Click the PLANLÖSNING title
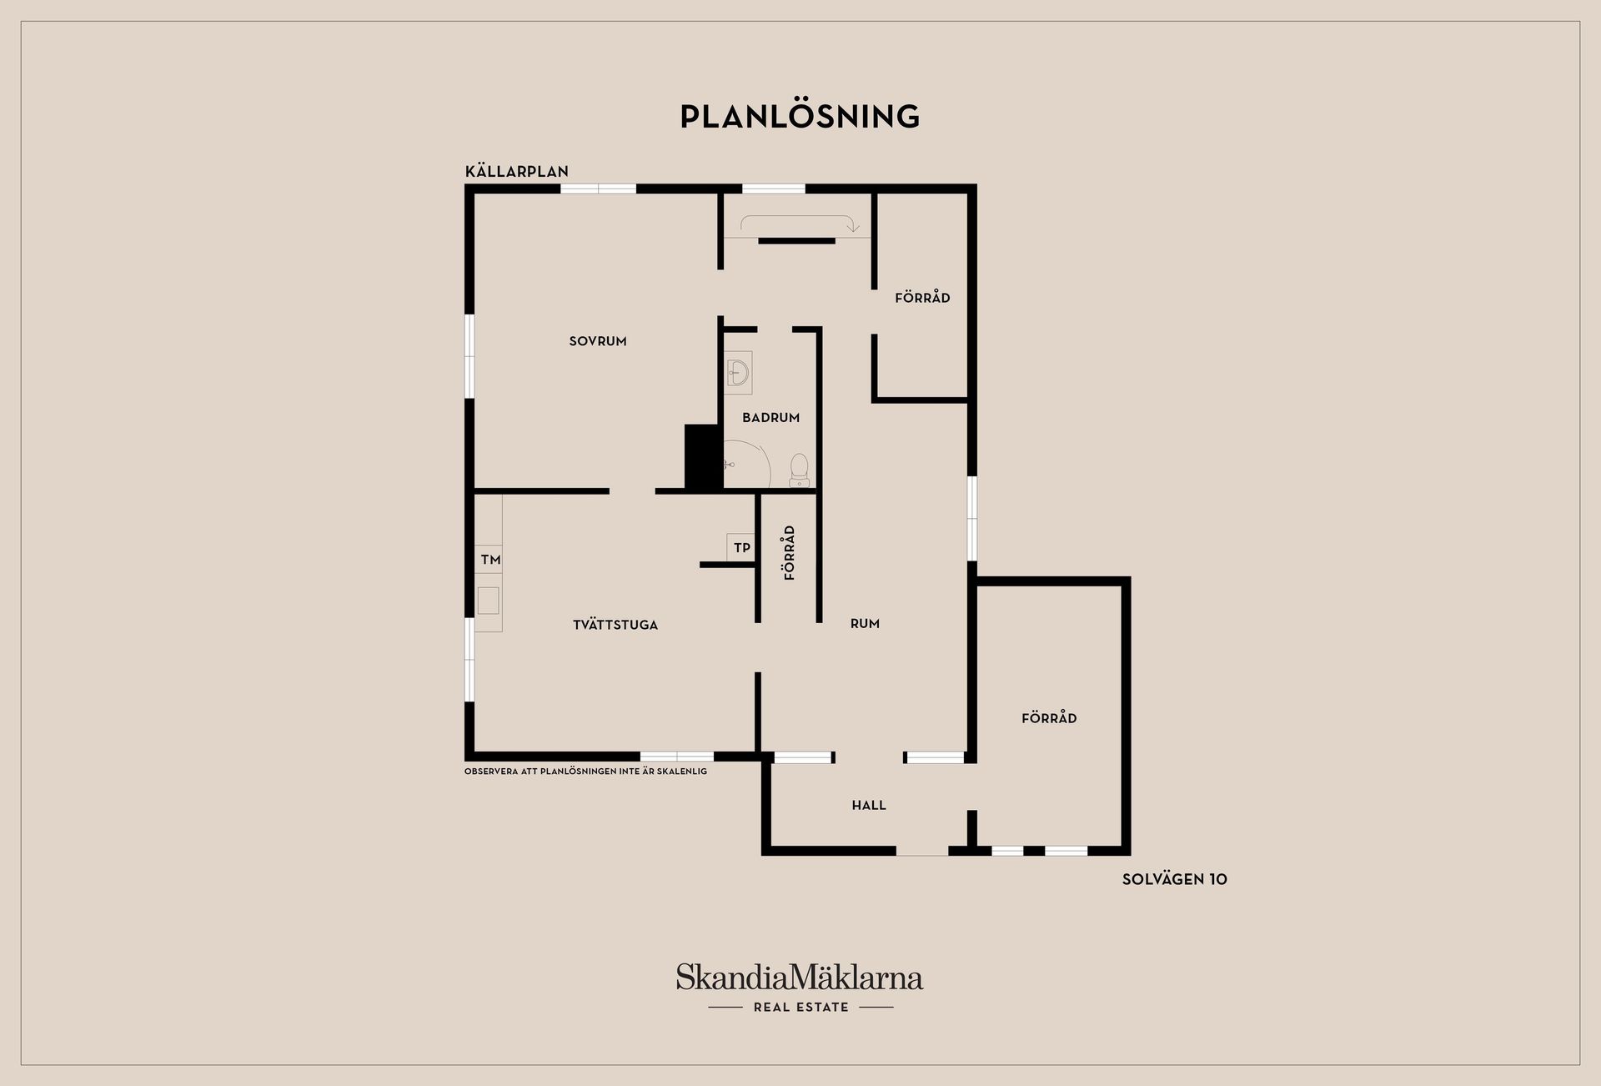pyautogui.click(x=800, y=116)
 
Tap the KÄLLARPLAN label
pyautogui.click(x=517, y=171)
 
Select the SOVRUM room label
pyautogui.click(x=598, y=340)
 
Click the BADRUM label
pyautogui.click(x=771, y=417)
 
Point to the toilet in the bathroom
pyautogui.click(x=799, y=470)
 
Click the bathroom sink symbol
pyautogui.click(x=738, y=373)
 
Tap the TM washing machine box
pyautogui.click(x=489, y=560)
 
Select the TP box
pyautogui.click(x=741, y=547)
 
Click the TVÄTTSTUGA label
pyautogui.click(x=615, y=625)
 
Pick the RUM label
pyautogui.click(x=865, y=623)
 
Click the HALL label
pyautogui.click(x=869, y=805)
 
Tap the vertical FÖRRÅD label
pyautogui.click(x=790, y=552)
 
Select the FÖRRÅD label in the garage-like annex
pyautogui.click(x=1049, y=717)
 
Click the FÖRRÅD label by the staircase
pyautogui.click(x=922, y=297)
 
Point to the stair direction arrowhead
pyautogui.click(x=852, y=227)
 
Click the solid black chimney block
pyautogui.click(x=703, y=457)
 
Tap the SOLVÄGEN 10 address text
pyautogui.click(x=1174, y=879)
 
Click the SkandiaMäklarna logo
pyautogui.click(x=800, y=977)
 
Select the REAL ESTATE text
pyautogui.click(x=800, y=1007)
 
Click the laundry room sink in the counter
pyautogui.click(x=488, y=601)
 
